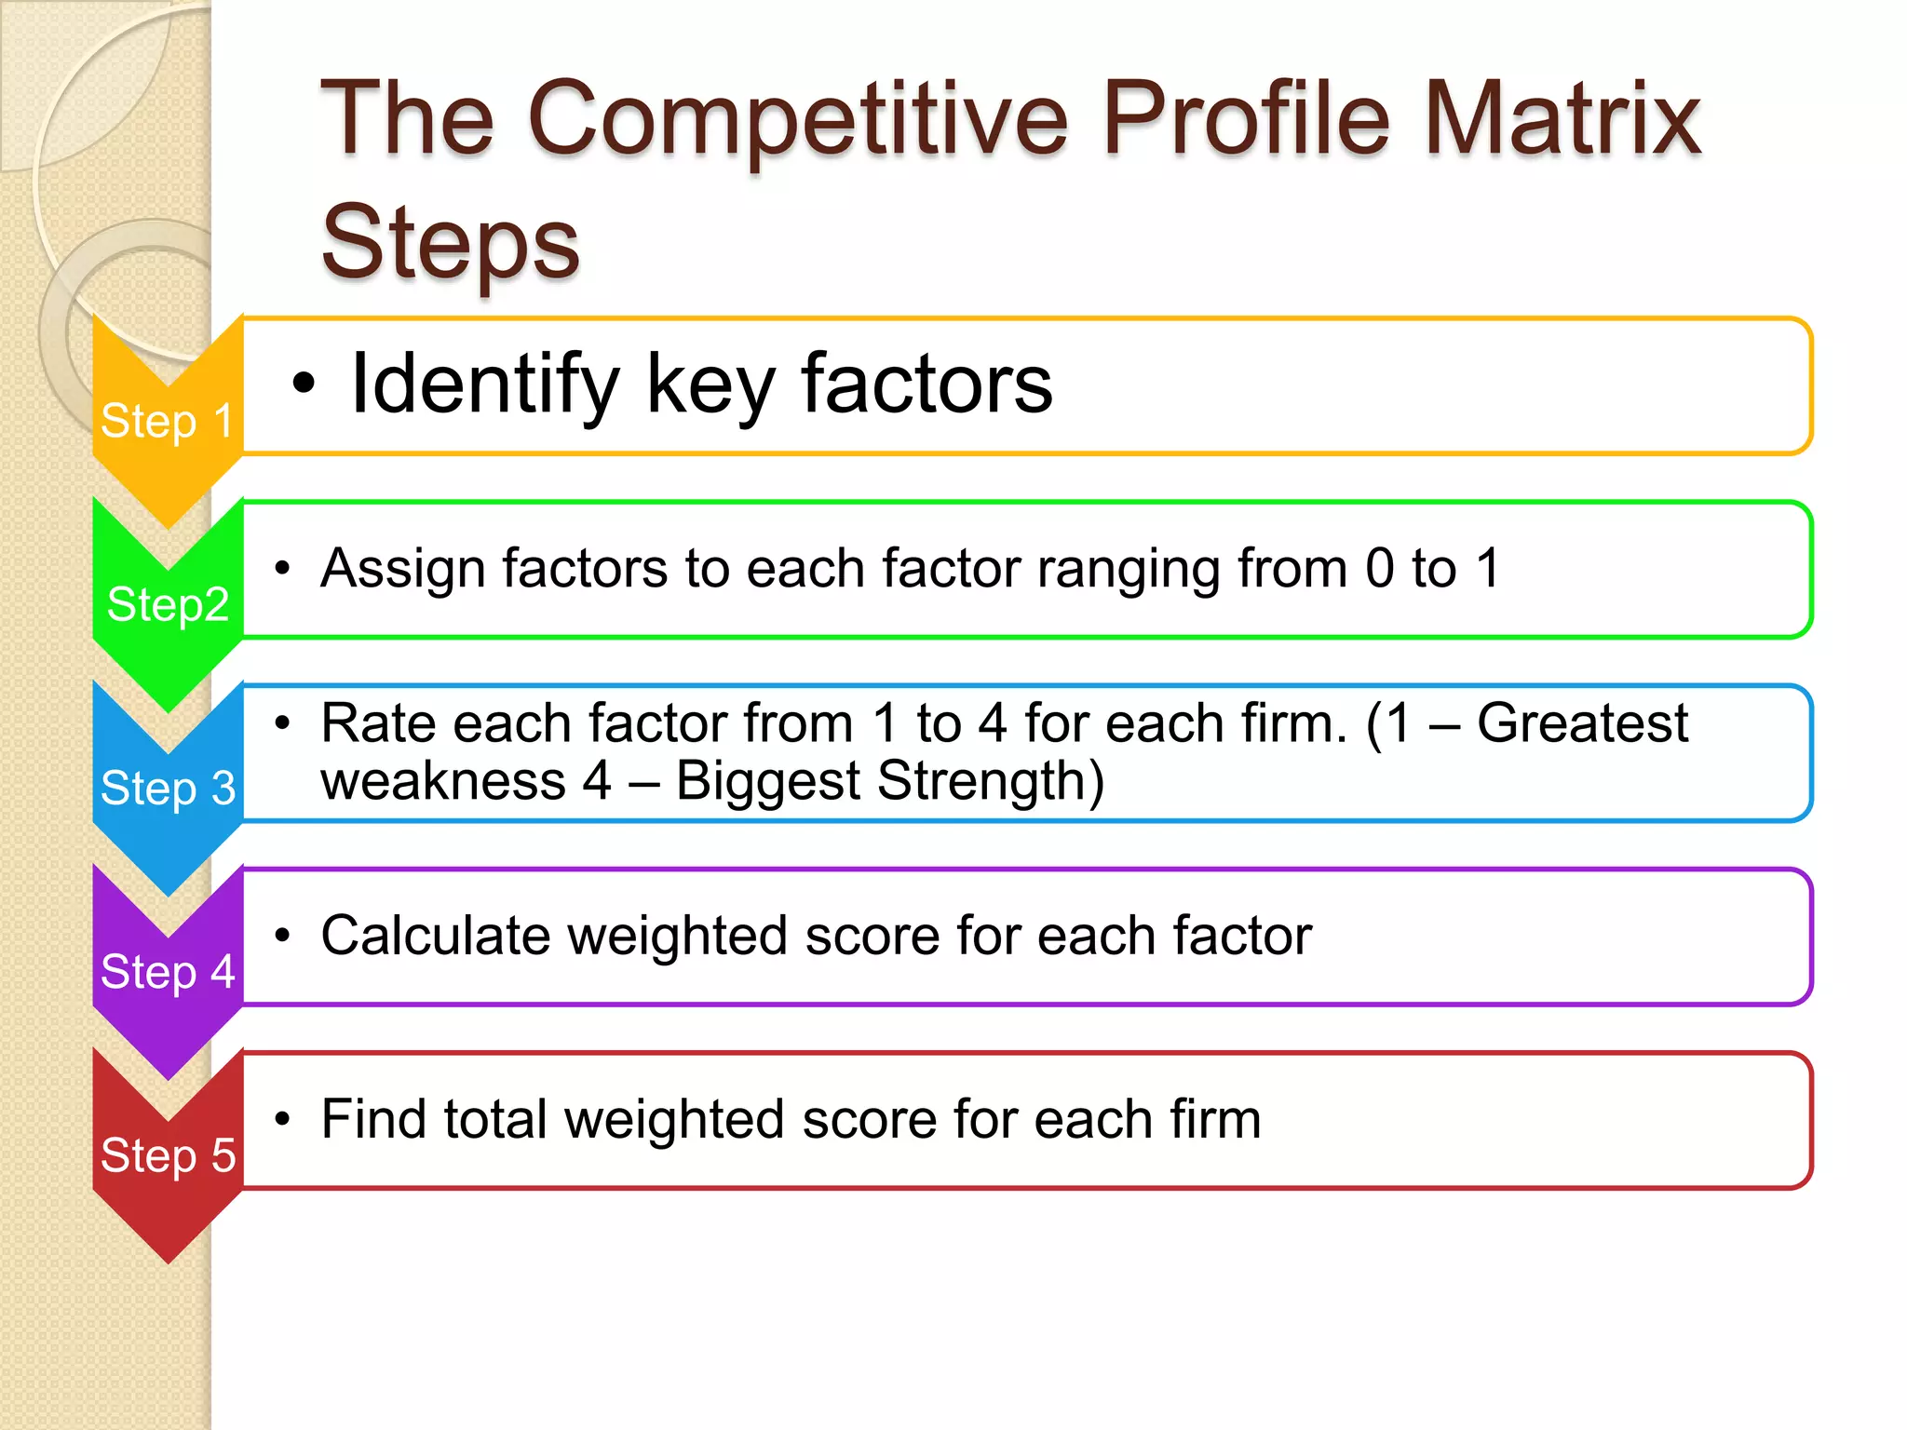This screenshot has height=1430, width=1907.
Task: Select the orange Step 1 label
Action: click(x=167, y=421)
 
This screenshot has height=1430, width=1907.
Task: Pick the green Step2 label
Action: click(x=168, y=604)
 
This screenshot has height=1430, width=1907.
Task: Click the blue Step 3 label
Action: click(x=168, y=788)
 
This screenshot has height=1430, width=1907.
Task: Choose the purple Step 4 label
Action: click(x=168, y=971)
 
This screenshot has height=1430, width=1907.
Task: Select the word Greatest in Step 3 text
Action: click(x=1582, y=723)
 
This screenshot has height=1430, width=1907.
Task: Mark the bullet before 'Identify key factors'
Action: click(x=304, y=384)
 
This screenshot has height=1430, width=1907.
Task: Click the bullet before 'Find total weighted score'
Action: click(x=283, y=1119)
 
